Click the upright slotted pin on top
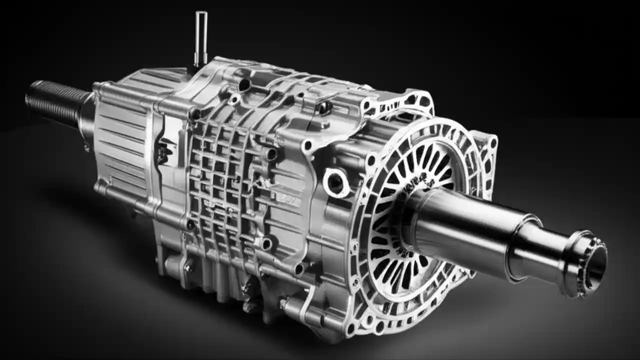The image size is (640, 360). pos(200,38)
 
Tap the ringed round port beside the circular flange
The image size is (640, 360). pos(335,182)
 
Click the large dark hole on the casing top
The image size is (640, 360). pos(244,85)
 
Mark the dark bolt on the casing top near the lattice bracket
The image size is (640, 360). pos(324,107)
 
